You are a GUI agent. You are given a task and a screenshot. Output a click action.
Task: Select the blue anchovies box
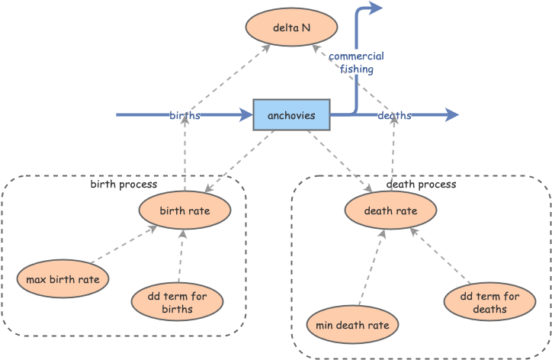[291, 114]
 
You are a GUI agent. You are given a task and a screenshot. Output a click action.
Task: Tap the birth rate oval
[185, 211]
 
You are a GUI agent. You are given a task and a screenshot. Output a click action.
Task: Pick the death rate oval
[390, 211]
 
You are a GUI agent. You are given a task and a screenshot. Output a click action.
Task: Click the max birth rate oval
[63, 279]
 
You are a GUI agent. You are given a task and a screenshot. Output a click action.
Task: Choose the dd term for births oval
[177, 302]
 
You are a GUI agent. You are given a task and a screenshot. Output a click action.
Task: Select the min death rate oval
[352, 325]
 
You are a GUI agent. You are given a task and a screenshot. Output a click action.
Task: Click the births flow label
[185, 115]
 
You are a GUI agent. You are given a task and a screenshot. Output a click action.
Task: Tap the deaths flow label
[394, 115]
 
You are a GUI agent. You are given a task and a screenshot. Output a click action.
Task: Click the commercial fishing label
[356, 63]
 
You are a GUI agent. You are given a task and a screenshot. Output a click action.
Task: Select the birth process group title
[124, 185]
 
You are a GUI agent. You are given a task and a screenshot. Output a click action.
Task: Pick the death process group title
[421, 185]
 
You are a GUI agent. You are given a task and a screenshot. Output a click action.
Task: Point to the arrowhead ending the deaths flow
[453, 115]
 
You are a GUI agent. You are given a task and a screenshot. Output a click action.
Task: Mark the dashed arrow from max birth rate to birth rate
[122, 245]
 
